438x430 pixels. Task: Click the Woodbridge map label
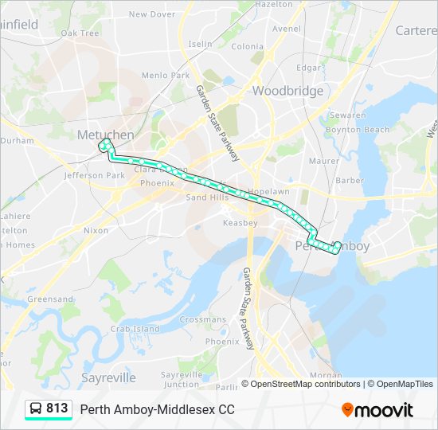pyautogui.click(x=287, y=91)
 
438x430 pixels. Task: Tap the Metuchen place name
pyautogui.click(x=105, y=135)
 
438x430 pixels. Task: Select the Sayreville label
pyautogui.click(x=108, y=377)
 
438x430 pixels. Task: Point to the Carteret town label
pyautogui.click(x=416, y=30)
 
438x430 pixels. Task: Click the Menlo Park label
pyautogui.click(x=165, y=76)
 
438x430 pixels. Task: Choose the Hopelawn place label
pyautogui.click(x=267, y=192)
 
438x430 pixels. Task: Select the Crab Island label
pyautogui.click(x=135, y=329)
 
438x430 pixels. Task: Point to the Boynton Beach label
pyautogui.click(x=358, y=130)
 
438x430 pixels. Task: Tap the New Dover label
pyautogui.click(x=152, y=14)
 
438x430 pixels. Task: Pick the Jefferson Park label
pyautogui.click(x=95, y=175)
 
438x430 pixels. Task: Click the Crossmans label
pyautogui.click(x=203, y=319)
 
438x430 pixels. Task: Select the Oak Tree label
pyautogui.click(x=80, y=33)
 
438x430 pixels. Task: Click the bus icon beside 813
pyautogui.click(x=36, y=408)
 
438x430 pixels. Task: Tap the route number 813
pyautogui.click(x=57, y=408)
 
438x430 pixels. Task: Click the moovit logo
pyautogui.click(x=377, y=410)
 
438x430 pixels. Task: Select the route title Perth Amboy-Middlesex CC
pyautogui.click(x=157, y=409)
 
